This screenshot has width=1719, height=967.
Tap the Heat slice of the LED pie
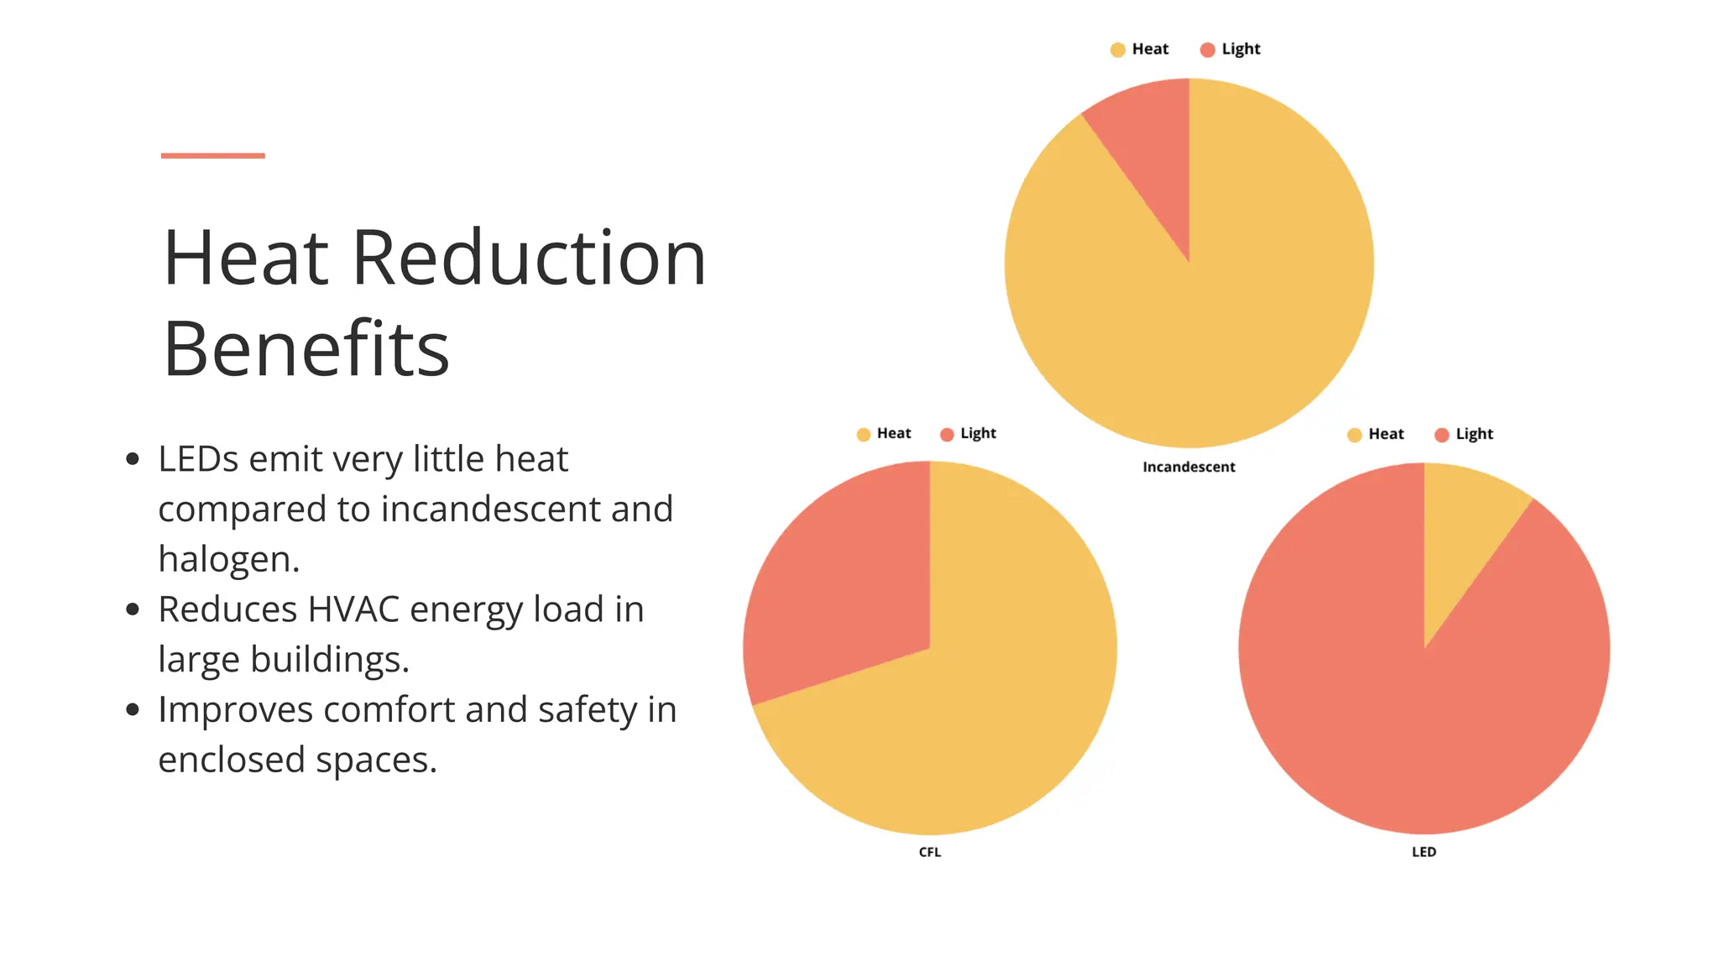point(1460,546)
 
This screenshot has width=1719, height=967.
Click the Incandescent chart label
point(1189,467)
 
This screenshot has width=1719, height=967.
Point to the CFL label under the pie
point(930,852)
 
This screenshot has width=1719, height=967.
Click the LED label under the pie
point(1424,852)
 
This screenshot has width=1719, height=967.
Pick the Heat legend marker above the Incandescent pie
point(1118,50)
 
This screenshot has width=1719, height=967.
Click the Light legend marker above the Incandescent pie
point(1208,50)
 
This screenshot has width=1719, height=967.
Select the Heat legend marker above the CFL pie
point(864,434)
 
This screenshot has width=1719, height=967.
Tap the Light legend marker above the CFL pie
point(947,434)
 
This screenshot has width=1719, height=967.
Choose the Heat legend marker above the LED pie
point(1355,435)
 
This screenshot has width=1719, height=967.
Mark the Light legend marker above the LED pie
point(1442,435)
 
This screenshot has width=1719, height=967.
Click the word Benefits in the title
point(306,348)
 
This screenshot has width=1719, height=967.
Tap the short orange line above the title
point(213,155)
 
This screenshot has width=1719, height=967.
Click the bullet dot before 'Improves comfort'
point(133,710)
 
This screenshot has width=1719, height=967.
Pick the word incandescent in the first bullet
point(491,510)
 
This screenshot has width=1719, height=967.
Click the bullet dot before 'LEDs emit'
point(133,459)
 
